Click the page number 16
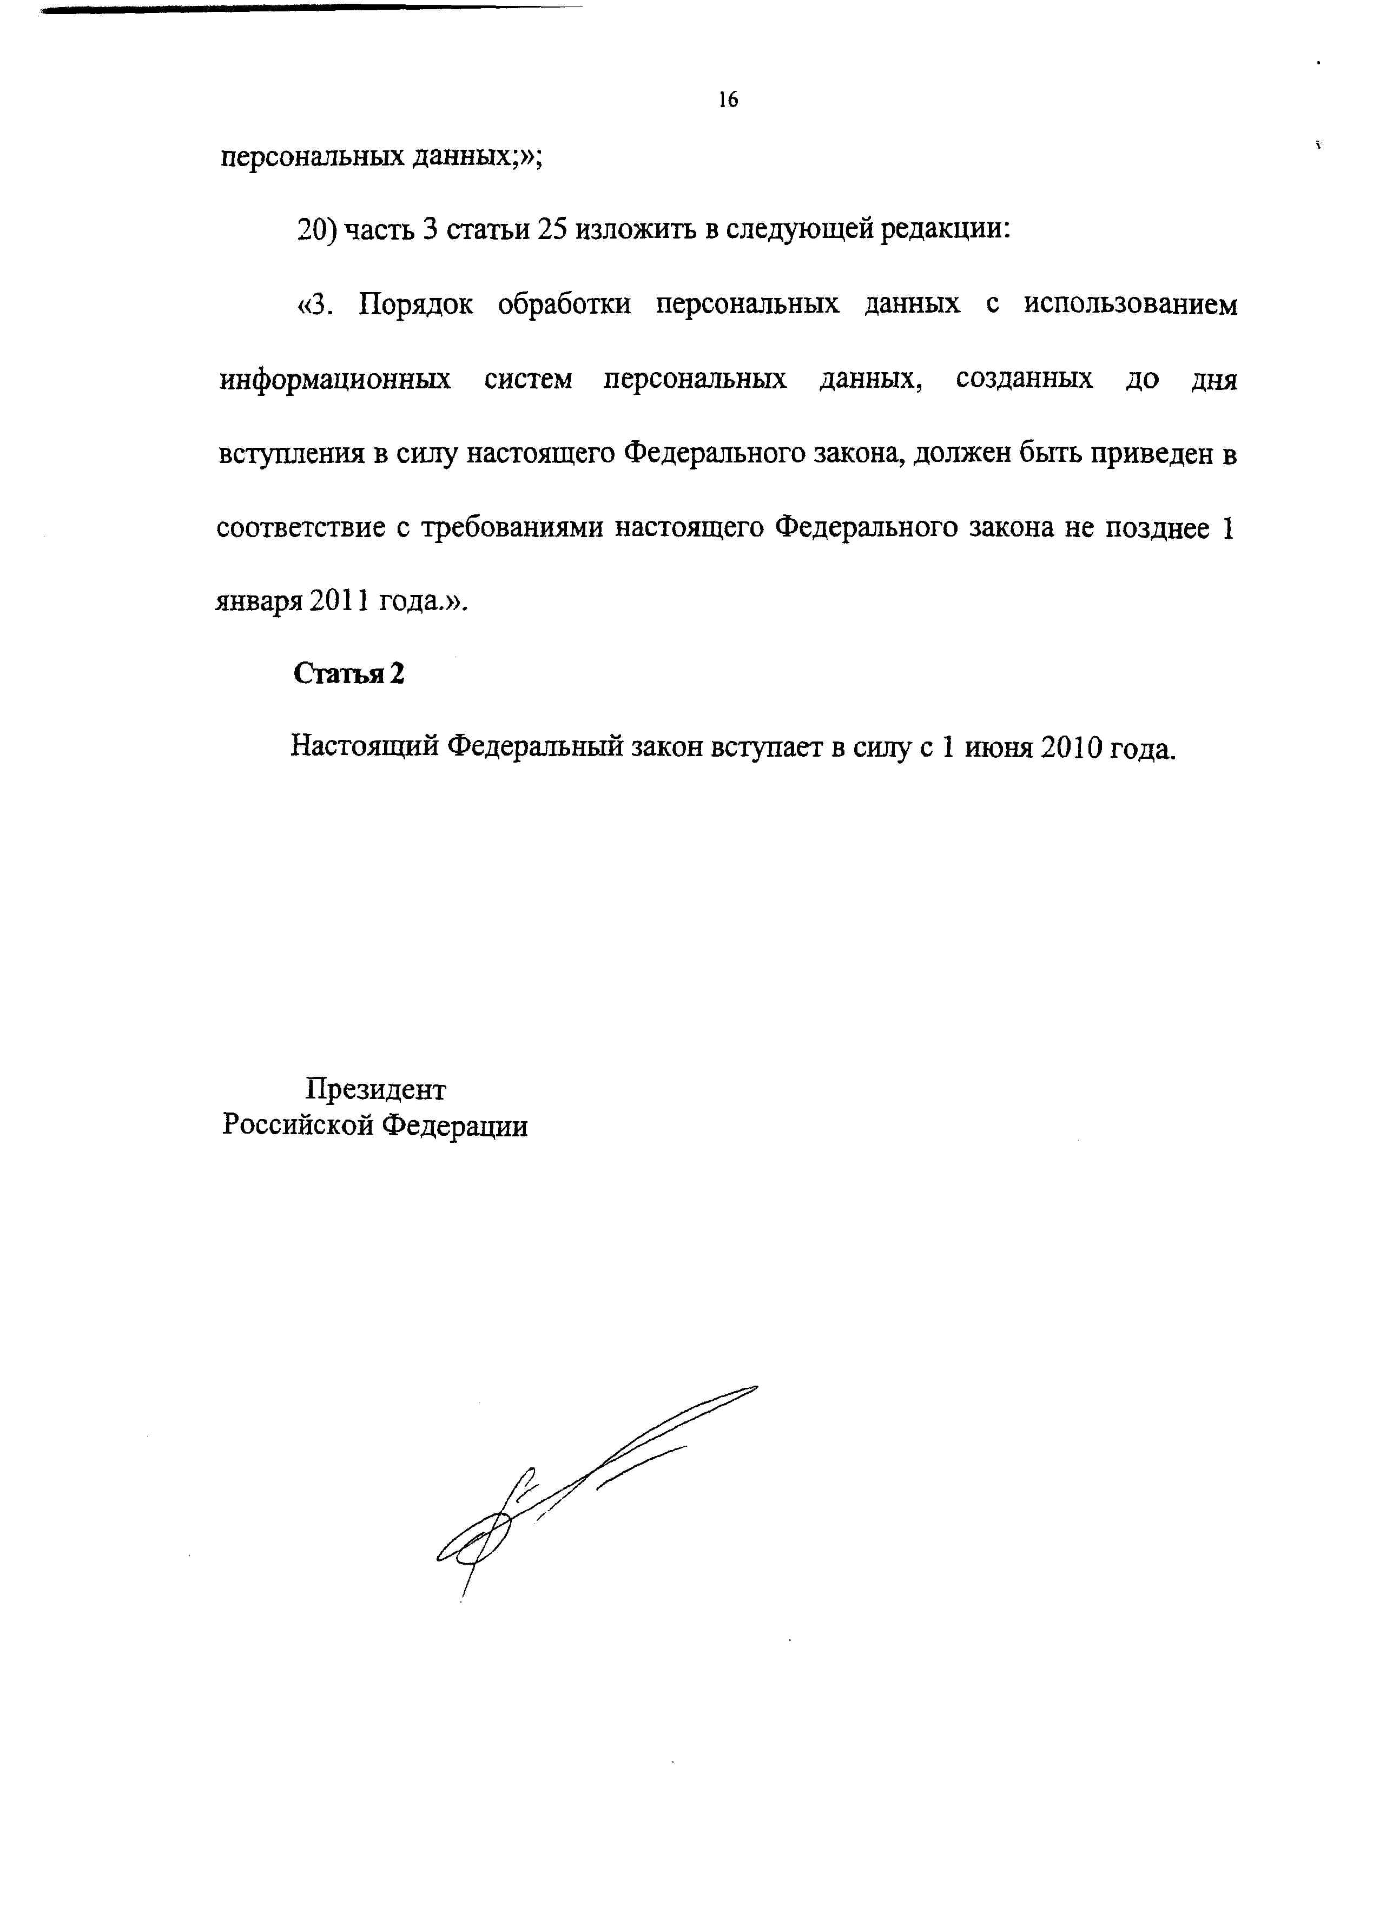tap(728, 101)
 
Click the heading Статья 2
tap(348, 673)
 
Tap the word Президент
tap(375, 1090)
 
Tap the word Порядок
tap(415, 305)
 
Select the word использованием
tap(1131, 305)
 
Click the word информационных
tap(335, 380)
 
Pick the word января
tap(258, 603)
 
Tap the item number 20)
tap(318, 230)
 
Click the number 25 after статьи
tap(551, 230)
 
